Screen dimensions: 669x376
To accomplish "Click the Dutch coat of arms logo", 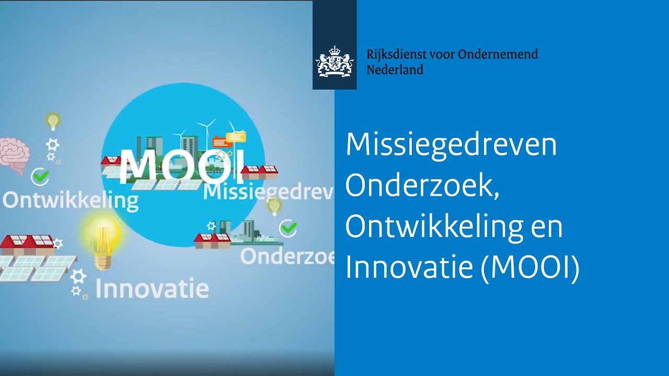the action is click(334, 62).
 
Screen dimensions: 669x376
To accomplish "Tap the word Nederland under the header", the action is click(395, 70).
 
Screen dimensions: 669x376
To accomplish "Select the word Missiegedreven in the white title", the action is click(451, 145).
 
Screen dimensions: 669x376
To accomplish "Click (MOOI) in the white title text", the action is click(530, 266).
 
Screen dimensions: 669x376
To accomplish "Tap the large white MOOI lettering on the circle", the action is click(181, 167).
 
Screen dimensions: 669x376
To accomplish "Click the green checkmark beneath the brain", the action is click(40, 177).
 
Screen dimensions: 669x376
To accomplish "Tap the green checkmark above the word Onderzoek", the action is click(288, 228).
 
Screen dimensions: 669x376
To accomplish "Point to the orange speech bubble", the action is click(222, 142).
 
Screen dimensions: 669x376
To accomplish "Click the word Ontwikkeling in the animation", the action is click(71, 201).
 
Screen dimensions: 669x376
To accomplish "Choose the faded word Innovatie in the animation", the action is click(152, 288).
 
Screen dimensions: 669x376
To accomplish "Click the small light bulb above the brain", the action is click(53, 122).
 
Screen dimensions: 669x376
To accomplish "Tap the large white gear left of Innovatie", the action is click(78, 276).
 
